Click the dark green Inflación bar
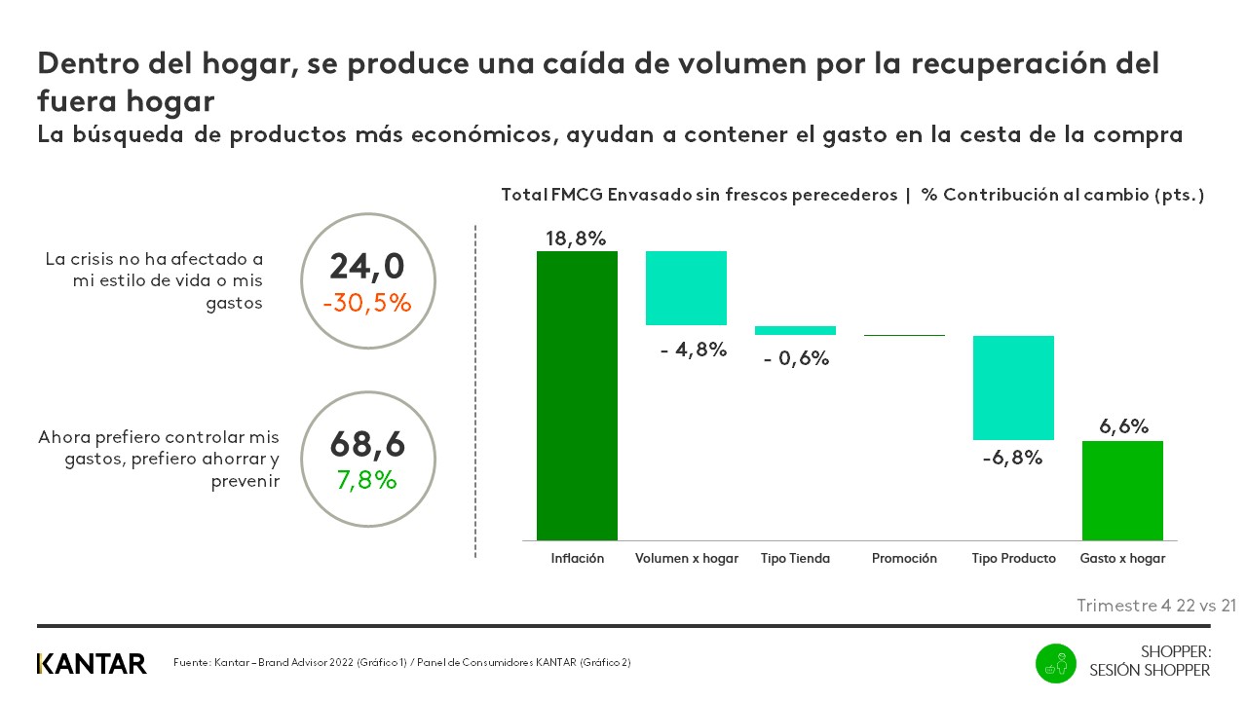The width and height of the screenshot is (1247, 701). click(x=577, y=395)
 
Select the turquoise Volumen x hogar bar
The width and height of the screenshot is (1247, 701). click(x=687, y=288)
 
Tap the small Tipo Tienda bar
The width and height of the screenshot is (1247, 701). click(x=795, y=330)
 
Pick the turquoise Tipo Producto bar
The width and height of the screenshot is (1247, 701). click(x=1014, y=387)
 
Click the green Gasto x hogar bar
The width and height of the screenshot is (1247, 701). click(x=1122, y=490)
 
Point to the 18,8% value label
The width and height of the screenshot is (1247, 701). click(x=576, y=238)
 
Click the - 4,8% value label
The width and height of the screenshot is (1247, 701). click(x=694, y=350)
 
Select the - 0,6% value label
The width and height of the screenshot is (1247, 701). click(x=796, y=358)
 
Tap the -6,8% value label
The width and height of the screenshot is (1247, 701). click(x=1013, y=457)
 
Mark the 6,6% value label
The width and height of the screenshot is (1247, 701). click(x=1123, y=426)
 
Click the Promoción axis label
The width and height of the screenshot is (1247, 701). click(x=904, y=559)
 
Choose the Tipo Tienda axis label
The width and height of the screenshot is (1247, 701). click(x=795, y=559)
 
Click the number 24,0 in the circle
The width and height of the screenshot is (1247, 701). click(x=366, y=268)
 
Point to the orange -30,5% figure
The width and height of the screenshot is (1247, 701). click(x=366, y=303)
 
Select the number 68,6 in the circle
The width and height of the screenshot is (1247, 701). click(x=366, y=444)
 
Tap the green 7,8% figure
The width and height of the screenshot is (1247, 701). click(x=366, y=479)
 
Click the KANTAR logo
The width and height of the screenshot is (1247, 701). click(x=92, y=664)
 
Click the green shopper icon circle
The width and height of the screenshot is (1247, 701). click(x=1055, y=664)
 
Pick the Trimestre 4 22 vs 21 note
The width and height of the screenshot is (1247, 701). click(x=1156, y=606)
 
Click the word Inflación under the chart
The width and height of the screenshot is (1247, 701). click(x=577, y=559)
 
